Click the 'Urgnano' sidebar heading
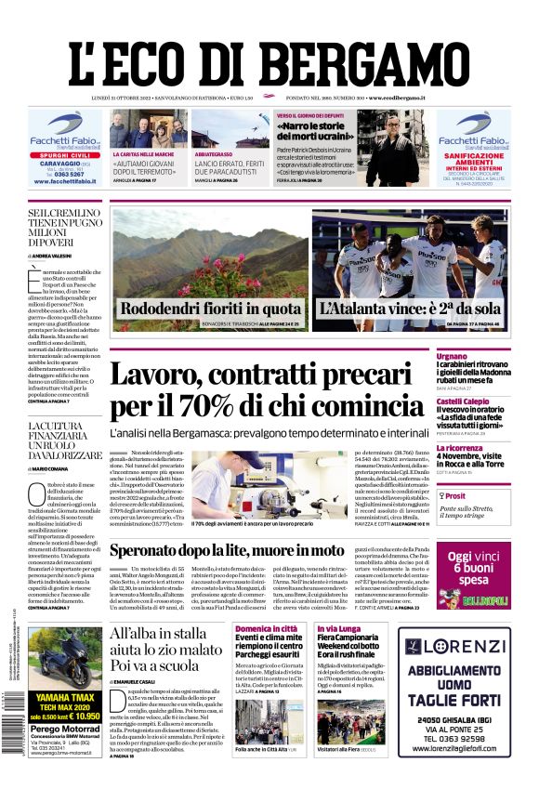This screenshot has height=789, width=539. click(452, 356)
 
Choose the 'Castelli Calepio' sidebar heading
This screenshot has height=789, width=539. click(463, 401)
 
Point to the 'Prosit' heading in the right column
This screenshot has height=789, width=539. click(456, 496)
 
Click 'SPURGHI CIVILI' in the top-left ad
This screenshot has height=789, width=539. click(64, 154)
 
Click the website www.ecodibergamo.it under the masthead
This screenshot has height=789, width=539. click(397, 98)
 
